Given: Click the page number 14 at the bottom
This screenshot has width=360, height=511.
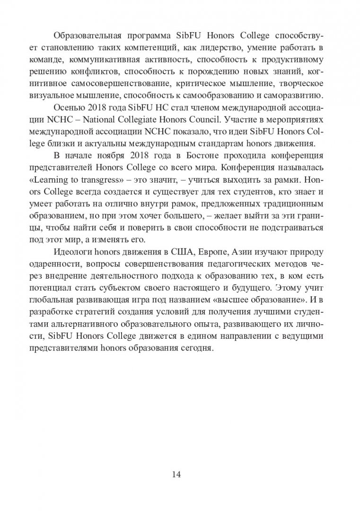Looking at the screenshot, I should (180, 473).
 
